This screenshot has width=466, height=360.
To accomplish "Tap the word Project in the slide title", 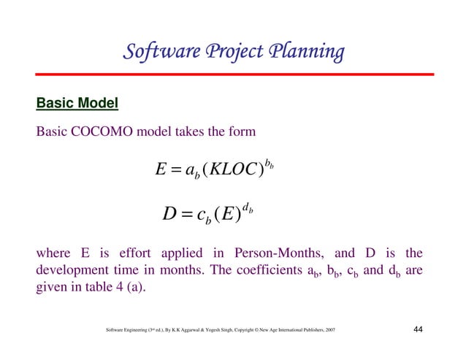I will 231,53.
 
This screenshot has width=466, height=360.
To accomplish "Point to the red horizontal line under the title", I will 234,74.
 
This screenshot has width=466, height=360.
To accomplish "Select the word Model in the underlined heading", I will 99,104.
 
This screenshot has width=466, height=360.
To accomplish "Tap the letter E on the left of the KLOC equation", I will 161,170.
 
